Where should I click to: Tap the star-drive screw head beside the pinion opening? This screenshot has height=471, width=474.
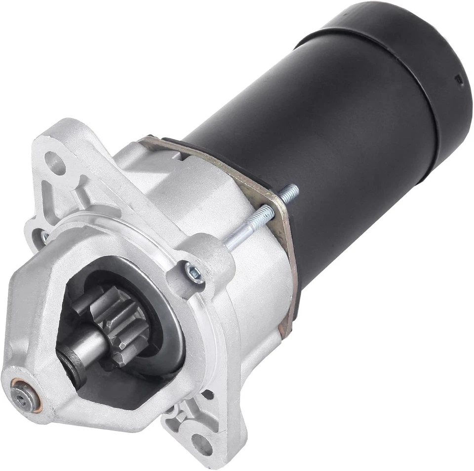tap(194, 272)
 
